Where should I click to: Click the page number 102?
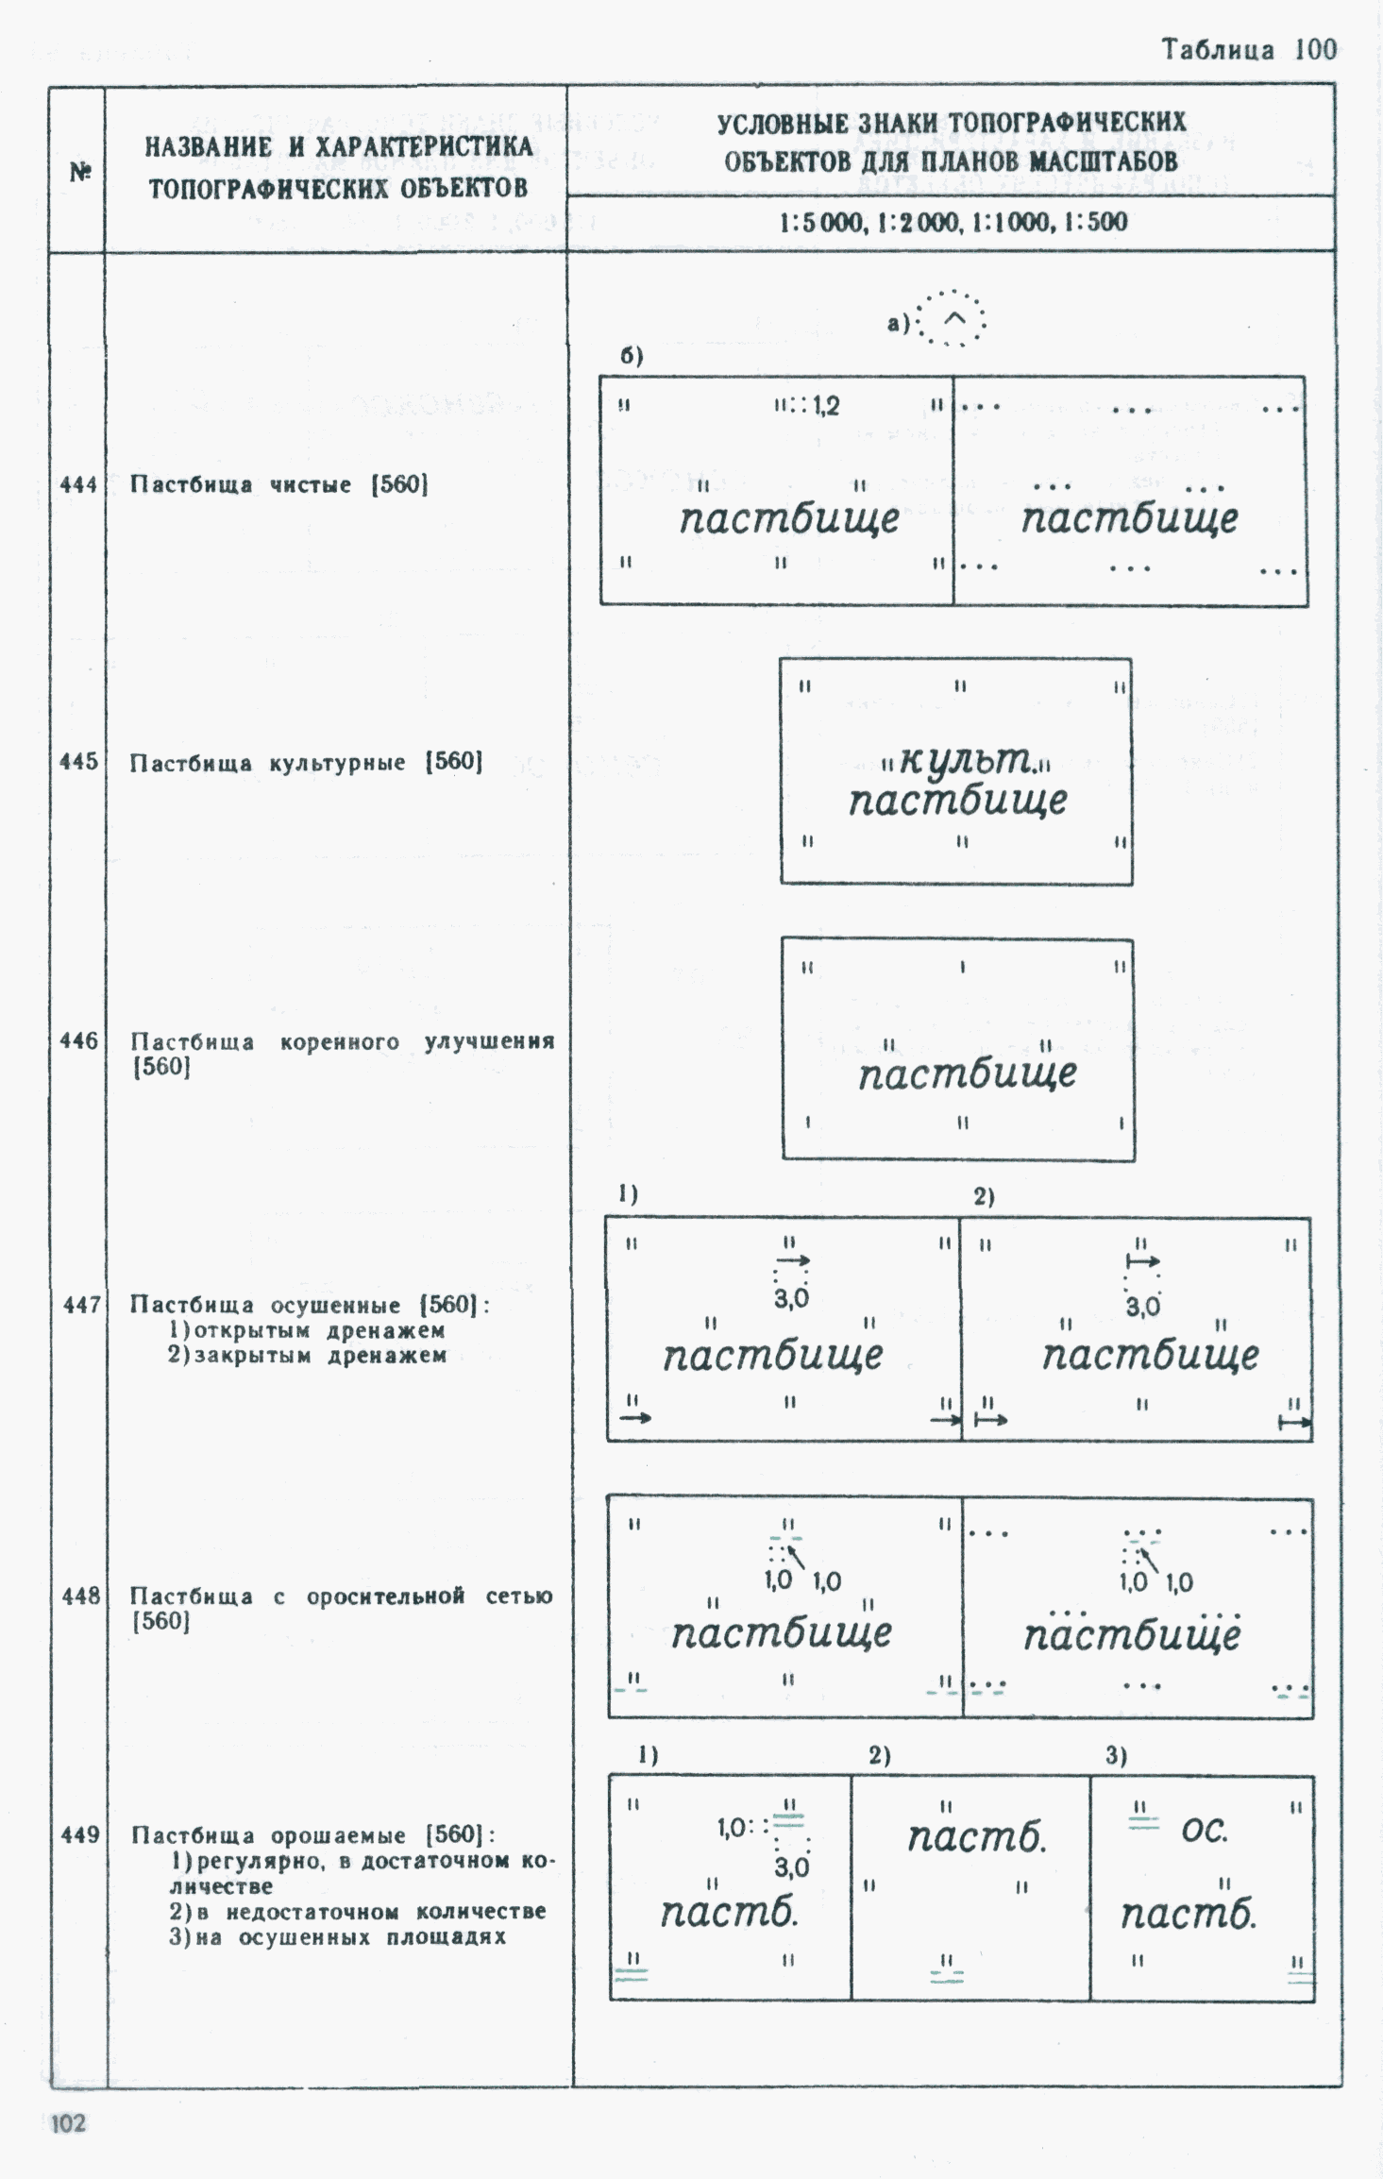[68, 2122]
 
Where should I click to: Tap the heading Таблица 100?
[1249, 50]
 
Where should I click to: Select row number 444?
[78, 485]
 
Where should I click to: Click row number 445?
[78, 762]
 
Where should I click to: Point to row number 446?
[78, 1040]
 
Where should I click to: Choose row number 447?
[81, 1305]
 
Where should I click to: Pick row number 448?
[81, 1596]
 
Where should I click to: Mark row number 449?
[80, 1834]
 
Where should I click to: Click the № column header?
[80, 172]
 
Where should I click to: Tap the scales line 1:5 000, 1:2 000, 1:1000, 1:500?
[953, 223]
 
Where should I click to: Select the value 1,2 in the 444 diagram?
[826, 406]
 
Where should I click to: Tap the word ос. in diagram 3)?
[1205, 1831]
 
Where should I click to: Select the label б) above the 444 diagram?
[632, 356]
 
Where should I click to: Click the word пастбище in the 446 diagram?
[967, 1073]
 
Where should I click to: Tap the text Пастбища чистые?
[241, 485]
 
